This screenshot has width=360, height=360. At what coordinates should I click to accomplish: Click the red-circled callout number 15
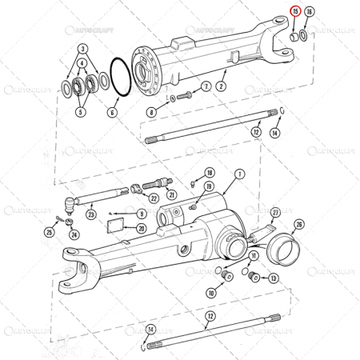[295, 11]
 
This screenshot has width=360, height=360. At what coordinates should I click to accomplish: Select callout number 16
[310, 11]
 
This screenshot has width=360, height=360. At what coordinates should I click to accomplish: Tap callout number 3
[82, 48]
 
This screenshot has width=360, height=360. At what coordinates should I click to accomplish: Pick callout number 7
[206, 86]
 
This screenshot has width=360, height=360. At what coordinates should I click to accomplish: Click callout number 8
[152, 113]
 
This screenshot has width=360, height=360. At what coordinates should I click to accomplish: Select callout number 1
[239, 174]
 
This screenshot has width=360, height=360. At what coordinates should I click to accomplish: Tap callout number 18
[209, 172]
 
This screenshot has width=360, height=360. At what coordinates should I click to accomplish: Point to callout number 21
[170, 194]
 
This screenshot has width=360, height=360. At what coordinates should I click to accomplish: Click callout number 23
[91, 214]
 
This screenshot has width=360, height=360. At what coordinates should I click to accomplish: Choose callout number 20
[141, 228]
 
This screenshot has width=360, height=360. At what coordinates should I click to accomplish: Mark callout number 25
[49, 233]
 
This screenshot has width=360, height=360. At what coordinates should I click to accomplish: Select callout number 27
[275, 212]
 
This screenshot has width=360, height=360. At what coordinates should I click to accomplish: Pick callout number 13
[274, 278]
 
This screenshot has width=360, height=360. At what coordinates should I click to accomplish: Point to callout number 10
[211, 294]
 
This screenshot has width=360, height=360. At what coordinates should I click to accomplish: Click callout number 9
[142, 214]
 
